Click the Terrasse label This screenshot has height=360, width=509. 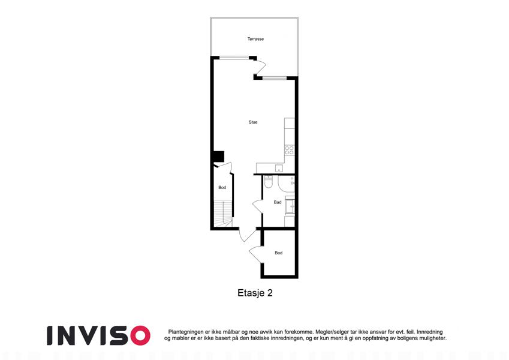coord(255,39)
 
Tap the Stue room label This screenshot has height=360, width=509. coord(253,122)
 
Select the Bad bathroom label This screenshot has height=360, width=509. coord(278,202)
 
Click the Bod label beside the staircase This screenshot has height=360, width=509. coord(222,187)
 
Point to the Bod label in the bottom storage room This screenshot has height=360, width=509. coord(279,253)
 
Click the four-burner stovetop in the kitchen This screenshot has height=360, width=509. coord(289,150)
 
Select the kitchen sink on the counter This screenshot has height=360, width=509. coord(279,169)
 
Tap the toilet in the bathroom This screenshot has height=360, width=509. coord(269,182)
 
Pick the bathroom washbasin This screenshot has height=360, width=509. coord(290,206)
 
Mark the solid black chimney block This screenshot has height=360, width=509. coord(218,156)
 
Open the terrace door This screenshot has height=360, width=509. coord(260,68)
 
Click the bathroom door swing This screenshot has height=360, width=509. coord(257,206)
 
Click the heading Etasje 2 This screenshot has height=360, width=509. coord(255,293)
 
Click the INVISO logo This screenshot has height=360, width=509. coord(98,335)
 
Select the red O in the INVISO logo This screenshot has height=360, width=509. coord(140,335)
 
